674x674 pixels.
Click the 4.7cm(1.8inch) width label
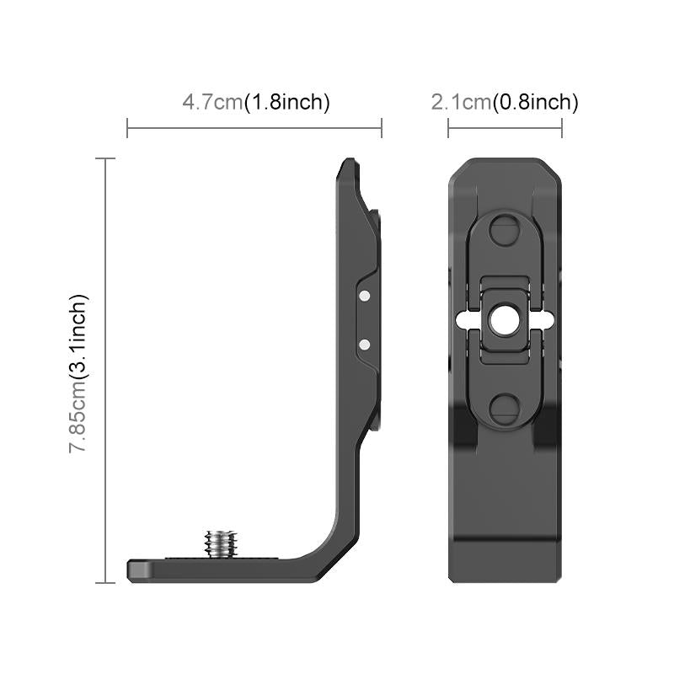tap(255, 103)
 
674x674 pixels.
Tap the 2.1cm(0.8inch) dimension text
tap(505, 103)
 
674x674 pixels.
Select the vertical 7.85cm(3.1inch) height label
tap(78, 373)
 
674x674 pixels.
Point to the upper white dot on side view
tap(364, 297)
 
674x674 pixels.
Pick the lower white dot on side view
tap(364, 344)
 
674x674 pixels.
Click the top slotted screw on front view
tap(505, 229)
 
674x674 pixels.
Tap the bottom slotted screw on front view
tap(505, 409)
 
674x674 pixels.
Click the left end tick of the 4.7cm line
tap(127, 128)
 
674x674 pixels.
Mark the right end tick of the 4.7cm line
tap(382, 128)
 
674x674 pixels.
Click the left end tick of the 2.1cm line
tap(448, 128)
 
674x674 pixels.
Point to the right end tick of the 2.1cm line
tap(562, 128)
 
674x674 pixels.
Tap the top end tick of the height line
tap(105, 158)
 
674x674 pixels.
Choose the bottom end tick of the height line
tap(105, 582)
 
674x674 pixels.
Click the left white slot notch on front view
tap(462, 320)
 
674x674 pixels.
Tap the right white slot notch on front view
tap(548, 320)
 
